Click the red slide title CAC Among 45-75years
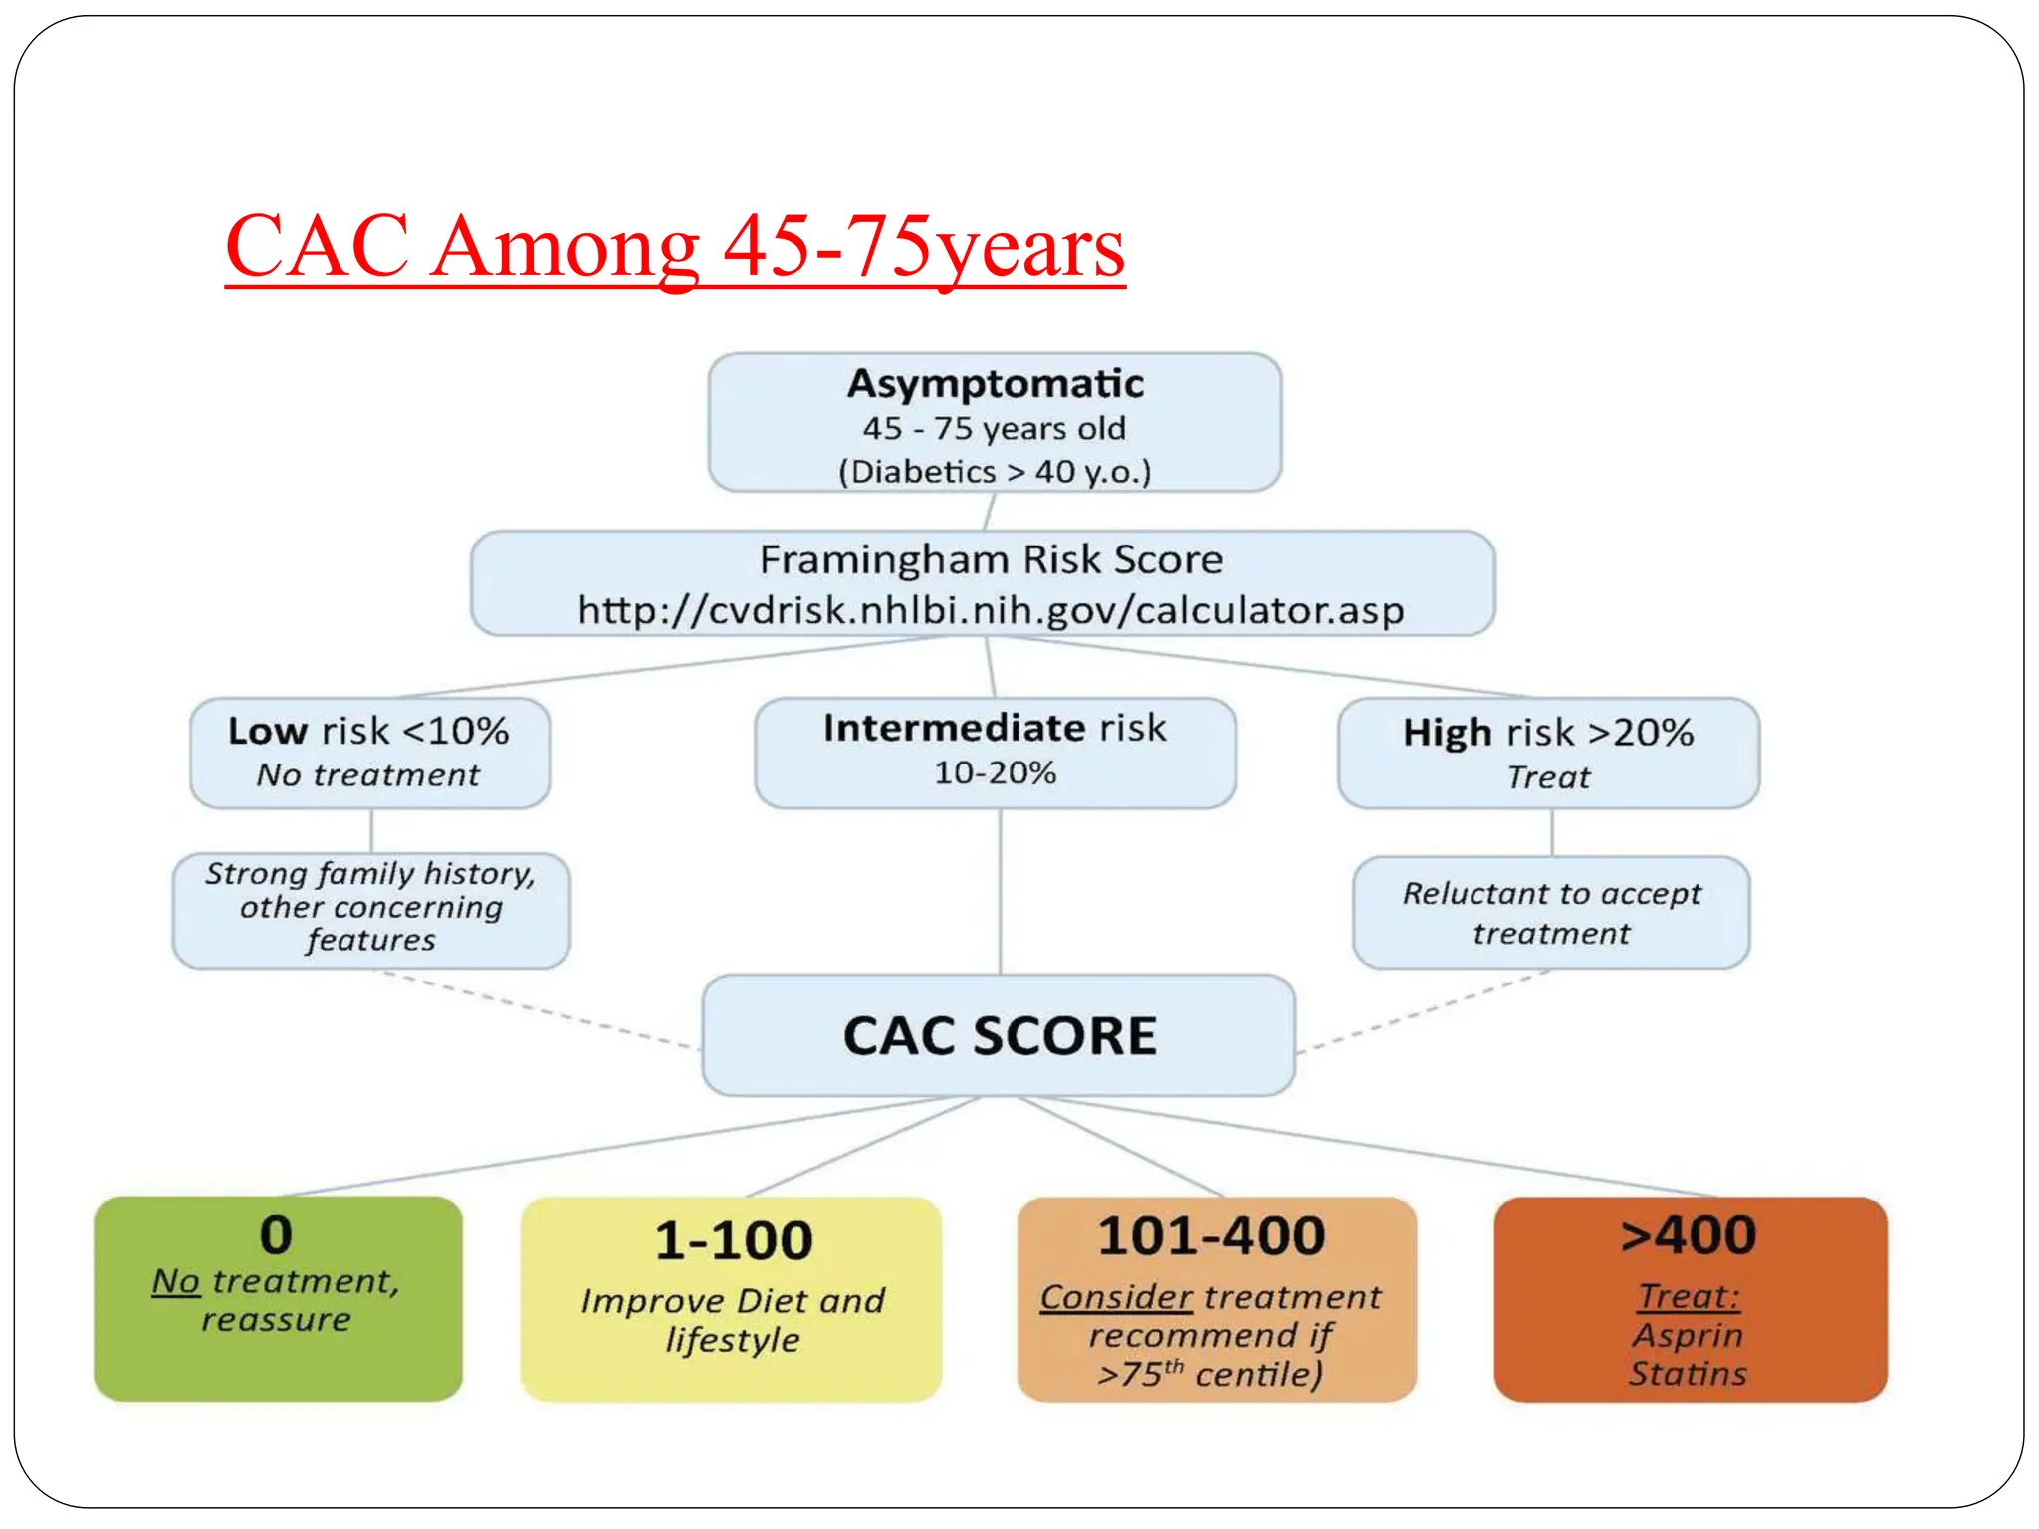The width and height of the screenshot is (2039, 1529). click(x=674, y=246)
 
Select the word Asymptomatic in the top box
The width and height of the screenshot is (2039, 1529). click(x=995, y=384)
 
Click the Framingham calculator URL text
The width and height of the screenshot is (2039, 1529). click(x=991, y=610)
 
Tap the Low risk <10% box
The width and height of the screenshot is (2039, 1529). click(x=369, y=752)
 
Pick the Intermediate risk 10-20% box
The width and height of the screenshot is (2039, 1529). click(x=995, y=752)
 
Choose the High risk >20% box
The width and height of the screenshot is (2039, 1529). click(x=1548, y=753)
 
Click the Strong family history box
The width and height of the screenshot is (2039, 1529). click(x=371, y=909)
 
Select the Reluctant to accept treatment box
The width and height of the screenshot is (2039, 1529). click(x=1551, y=912)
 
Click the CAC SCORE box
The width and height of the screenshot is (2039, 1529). click(x=999, y=1035)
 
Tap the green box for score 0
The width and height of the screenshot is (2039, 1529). click(x=278, y=1298)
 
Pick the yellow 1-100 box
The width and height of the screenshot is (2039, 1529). click(x=731, y=1298)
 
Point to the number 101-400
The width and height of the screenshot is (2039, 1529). click(x=1212, y=1236)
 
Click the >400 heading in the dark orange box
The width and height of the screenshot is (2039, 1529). click(x=1689, y=1235)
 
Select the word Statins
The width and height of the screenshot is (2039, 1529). click(x=1688, y=1374)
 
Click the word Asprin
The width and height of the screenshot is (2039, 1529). click(x=1688, y=1335)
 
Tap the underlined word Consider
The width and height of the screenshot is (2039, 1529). click(x=1115, y=1297)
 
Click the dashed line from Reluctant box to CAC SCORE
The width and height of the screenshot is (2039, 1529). click(x=1424, y=1011)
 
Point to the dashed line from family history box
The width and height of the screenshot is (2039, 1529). click(x=538, y=1009)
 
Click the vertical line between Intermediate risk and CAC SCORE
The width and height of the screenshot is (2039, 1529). click(x=1000, y=891)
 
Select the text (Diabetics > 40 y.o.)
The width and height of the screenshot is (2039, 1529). click(x=995, y=471)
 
